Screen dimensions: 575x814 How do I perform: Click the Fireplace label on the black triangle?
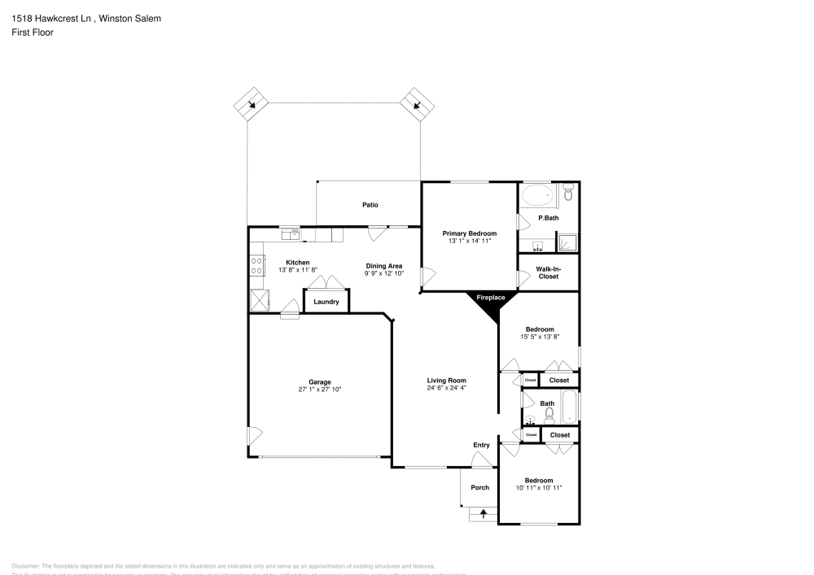[x=490, y=298]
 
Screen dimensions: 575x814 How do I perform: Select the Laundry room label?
[x=326, y=302]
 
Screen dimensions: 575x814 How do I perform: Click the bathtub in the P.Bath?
[x=537, y=195]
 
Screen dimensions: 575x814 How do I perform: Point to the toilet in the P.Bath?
[x=568, y=193]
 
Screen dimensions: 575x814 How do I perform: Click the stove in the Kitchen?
[x=256, y=264]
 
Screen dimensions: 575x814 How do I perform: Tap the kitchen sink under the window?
[x=291, y=235]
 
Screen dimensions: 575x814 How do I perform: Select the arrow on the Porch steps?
[x=484, y=512]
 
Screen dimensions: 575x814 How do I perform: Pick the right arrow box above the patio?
[x=418, y=103]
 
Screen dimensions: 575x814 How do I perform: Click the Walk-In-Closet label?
[x=549, y=272]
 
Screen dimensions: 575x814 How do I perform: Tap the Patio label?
[x=370, y=205]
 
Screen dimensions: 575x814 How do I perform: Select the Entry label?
[x=482, y=445]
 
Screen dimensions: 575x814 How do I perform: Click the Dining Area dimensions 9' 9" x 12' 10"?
[x=384, y=273]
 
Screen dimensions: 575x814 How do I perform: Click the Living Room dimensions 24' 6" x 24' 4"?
[x=446, y=388]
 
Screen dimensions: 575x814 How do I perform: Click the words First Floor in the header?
[x=33, y=33]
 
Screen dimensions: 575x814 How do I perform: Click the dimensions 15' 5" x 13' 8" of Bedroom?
[x=539, y=337]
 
